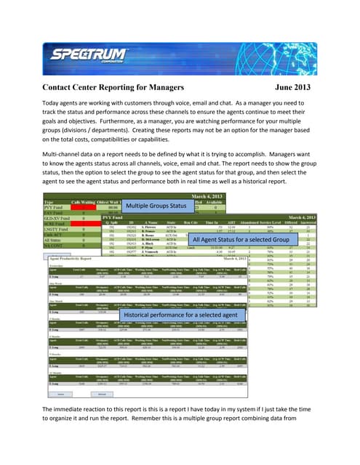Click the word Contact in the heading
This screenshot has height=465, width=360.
60,106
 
